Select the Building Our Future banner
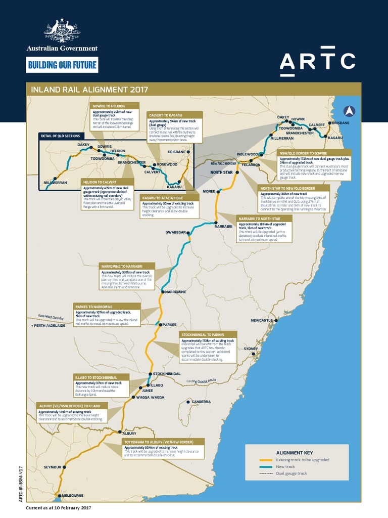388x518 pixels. click(62, 65)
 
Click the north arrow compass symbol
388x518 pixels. click(349, 111)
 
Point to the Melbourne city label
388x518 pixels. click(71, 495)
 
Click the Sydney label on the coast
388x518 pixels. click(251, 349)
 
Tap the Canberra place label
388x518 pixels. click(201, 402)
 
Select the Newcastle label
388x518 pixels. click(262, 320)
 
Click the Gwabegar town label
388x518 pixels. click(176, 232)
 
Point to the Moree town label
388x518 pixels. click(209, 192)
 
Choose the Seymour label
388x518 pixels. click(52, 466)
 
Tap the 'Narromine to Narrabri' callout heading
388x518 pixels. click(122, 266)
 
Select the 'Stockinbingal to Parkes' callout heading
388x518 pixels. click(203, 334)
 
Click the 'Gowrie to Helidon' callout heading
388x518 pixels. click(108, 106)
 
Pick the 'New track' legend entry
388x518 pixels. click(285, 466)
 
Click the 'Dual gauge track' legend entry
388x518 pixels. click(292, 473)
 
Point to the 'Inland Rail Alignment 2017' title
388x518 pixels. click(89, 90)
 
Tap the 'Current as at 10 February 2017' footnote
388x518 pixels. click(59, 507)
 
